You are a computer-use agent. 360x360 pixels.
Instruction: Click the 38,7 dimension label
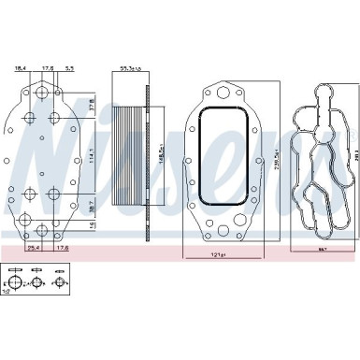click(x=91, y=204)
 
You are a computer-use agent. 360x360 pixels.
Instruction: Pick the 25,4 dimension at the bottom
click(x=33, y=249)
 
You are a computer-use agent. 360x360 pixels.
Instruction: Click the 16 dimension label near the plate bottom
click(x=91, y=224)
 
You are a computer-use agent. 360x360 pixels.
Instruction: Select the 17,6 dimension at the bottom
click(x=63, y=249)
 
